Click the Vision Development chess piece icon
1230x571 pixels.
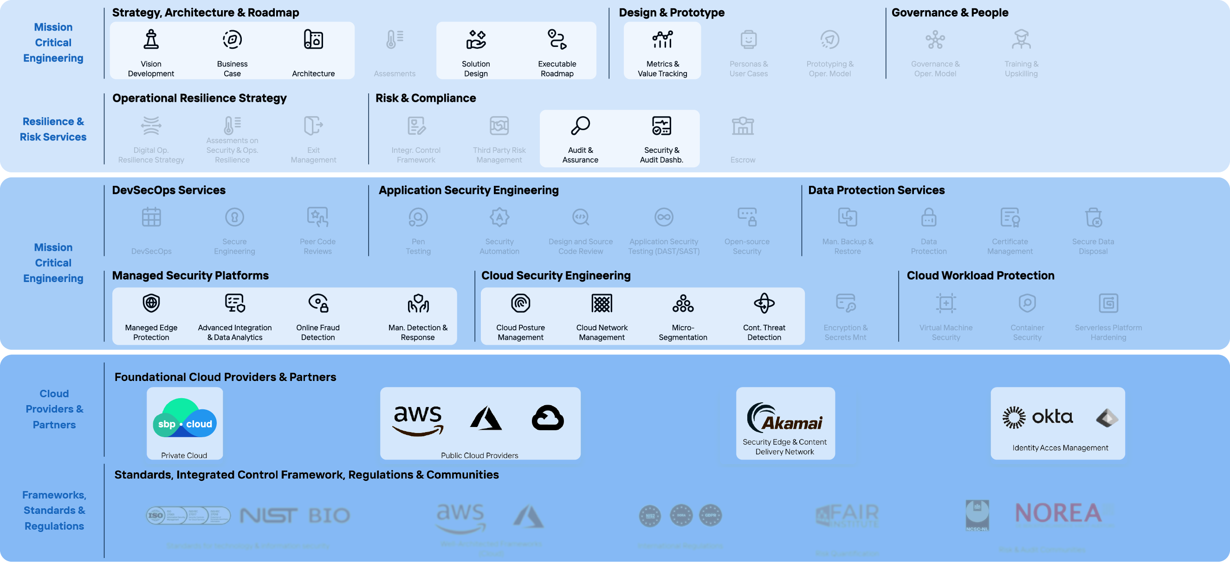(151, 39)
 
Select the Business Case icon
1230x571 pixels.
(232, 39)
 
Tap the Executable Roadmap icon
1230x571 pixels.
(557, 39)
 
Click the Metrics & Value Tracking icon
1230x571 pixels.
(662, 39)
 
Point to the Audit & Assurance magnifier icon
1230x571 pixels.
(580, 125)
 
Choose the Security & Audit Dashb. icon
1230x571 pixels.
(661, 125)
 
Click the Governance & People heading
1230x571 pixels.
(949, 13)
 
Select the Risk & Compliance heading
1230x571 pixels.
(426, 98)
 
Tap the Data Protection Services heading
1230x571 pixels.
(876, 190)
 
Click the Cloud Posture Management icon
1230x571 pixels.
(520, 303)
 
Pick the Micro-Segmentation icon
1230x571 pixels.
(683, 303)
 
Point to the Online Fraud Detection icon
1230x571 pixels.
(318, 303)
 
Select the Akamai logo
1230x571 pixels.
(785, 418)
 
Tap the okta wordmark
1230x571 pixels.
(1052, 417)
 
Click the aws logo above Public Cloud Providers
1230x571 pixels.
(418, 420)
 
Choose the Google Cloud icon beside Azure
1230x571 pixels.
(548, 418)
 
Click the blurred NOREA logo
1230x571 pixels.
(1058, 513)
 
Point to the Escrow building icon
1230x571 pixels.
(743, 125)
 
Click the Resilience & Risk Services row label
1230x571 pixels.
(53, 129)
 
